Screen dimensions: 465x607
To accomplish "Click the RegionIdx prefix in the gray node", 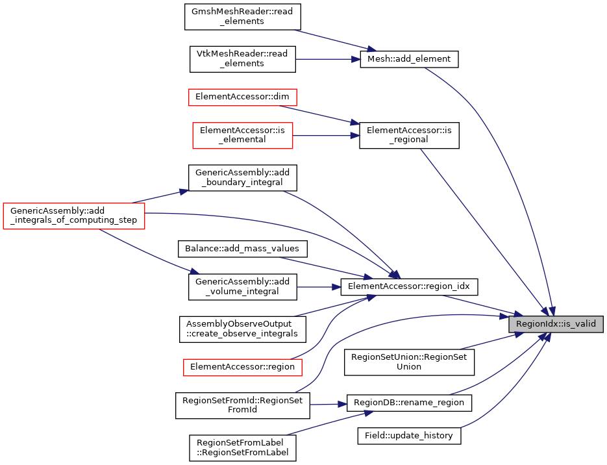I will (x=537, y=324).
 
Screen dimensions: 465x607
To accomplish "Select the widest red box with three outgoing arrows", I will (x=74, y=216).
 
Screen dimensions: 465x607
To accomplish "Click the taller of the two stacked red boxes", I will (x=243, y=136).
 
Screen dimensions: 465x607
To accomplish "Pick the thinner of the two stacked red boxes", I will (x=243, y=97).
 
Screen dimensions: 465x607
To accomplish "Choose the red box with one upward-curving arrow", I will (x=243, y=368).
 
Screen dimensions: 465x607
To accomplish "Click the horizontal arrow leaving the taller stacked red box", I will (x=325, y=136).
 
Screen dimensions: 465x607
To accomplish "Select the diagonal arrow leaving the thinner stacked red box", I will (x=318, y=114).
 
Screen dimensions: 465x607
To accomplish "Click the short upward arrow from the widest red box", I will (x=159, y=197).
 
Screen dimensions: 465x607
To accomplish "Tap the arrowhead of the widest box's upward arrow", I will (x=184, y=192).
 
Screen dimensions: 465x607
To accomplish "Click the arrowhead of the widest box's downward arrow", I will (x=195, y=271).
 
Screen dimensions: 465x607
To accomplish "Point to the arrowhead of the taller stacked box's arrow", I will (x=355, y=136).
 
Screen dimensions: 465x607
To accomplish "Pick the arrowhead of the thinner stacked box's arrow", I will (x=355, y=122).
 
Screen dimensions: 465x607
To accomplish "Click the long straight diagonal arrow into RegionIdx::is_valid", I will (x=484, y=231).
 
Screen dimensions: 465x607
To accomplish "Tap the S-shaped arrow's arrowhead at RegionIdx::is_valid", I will (x=504, y=316).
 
